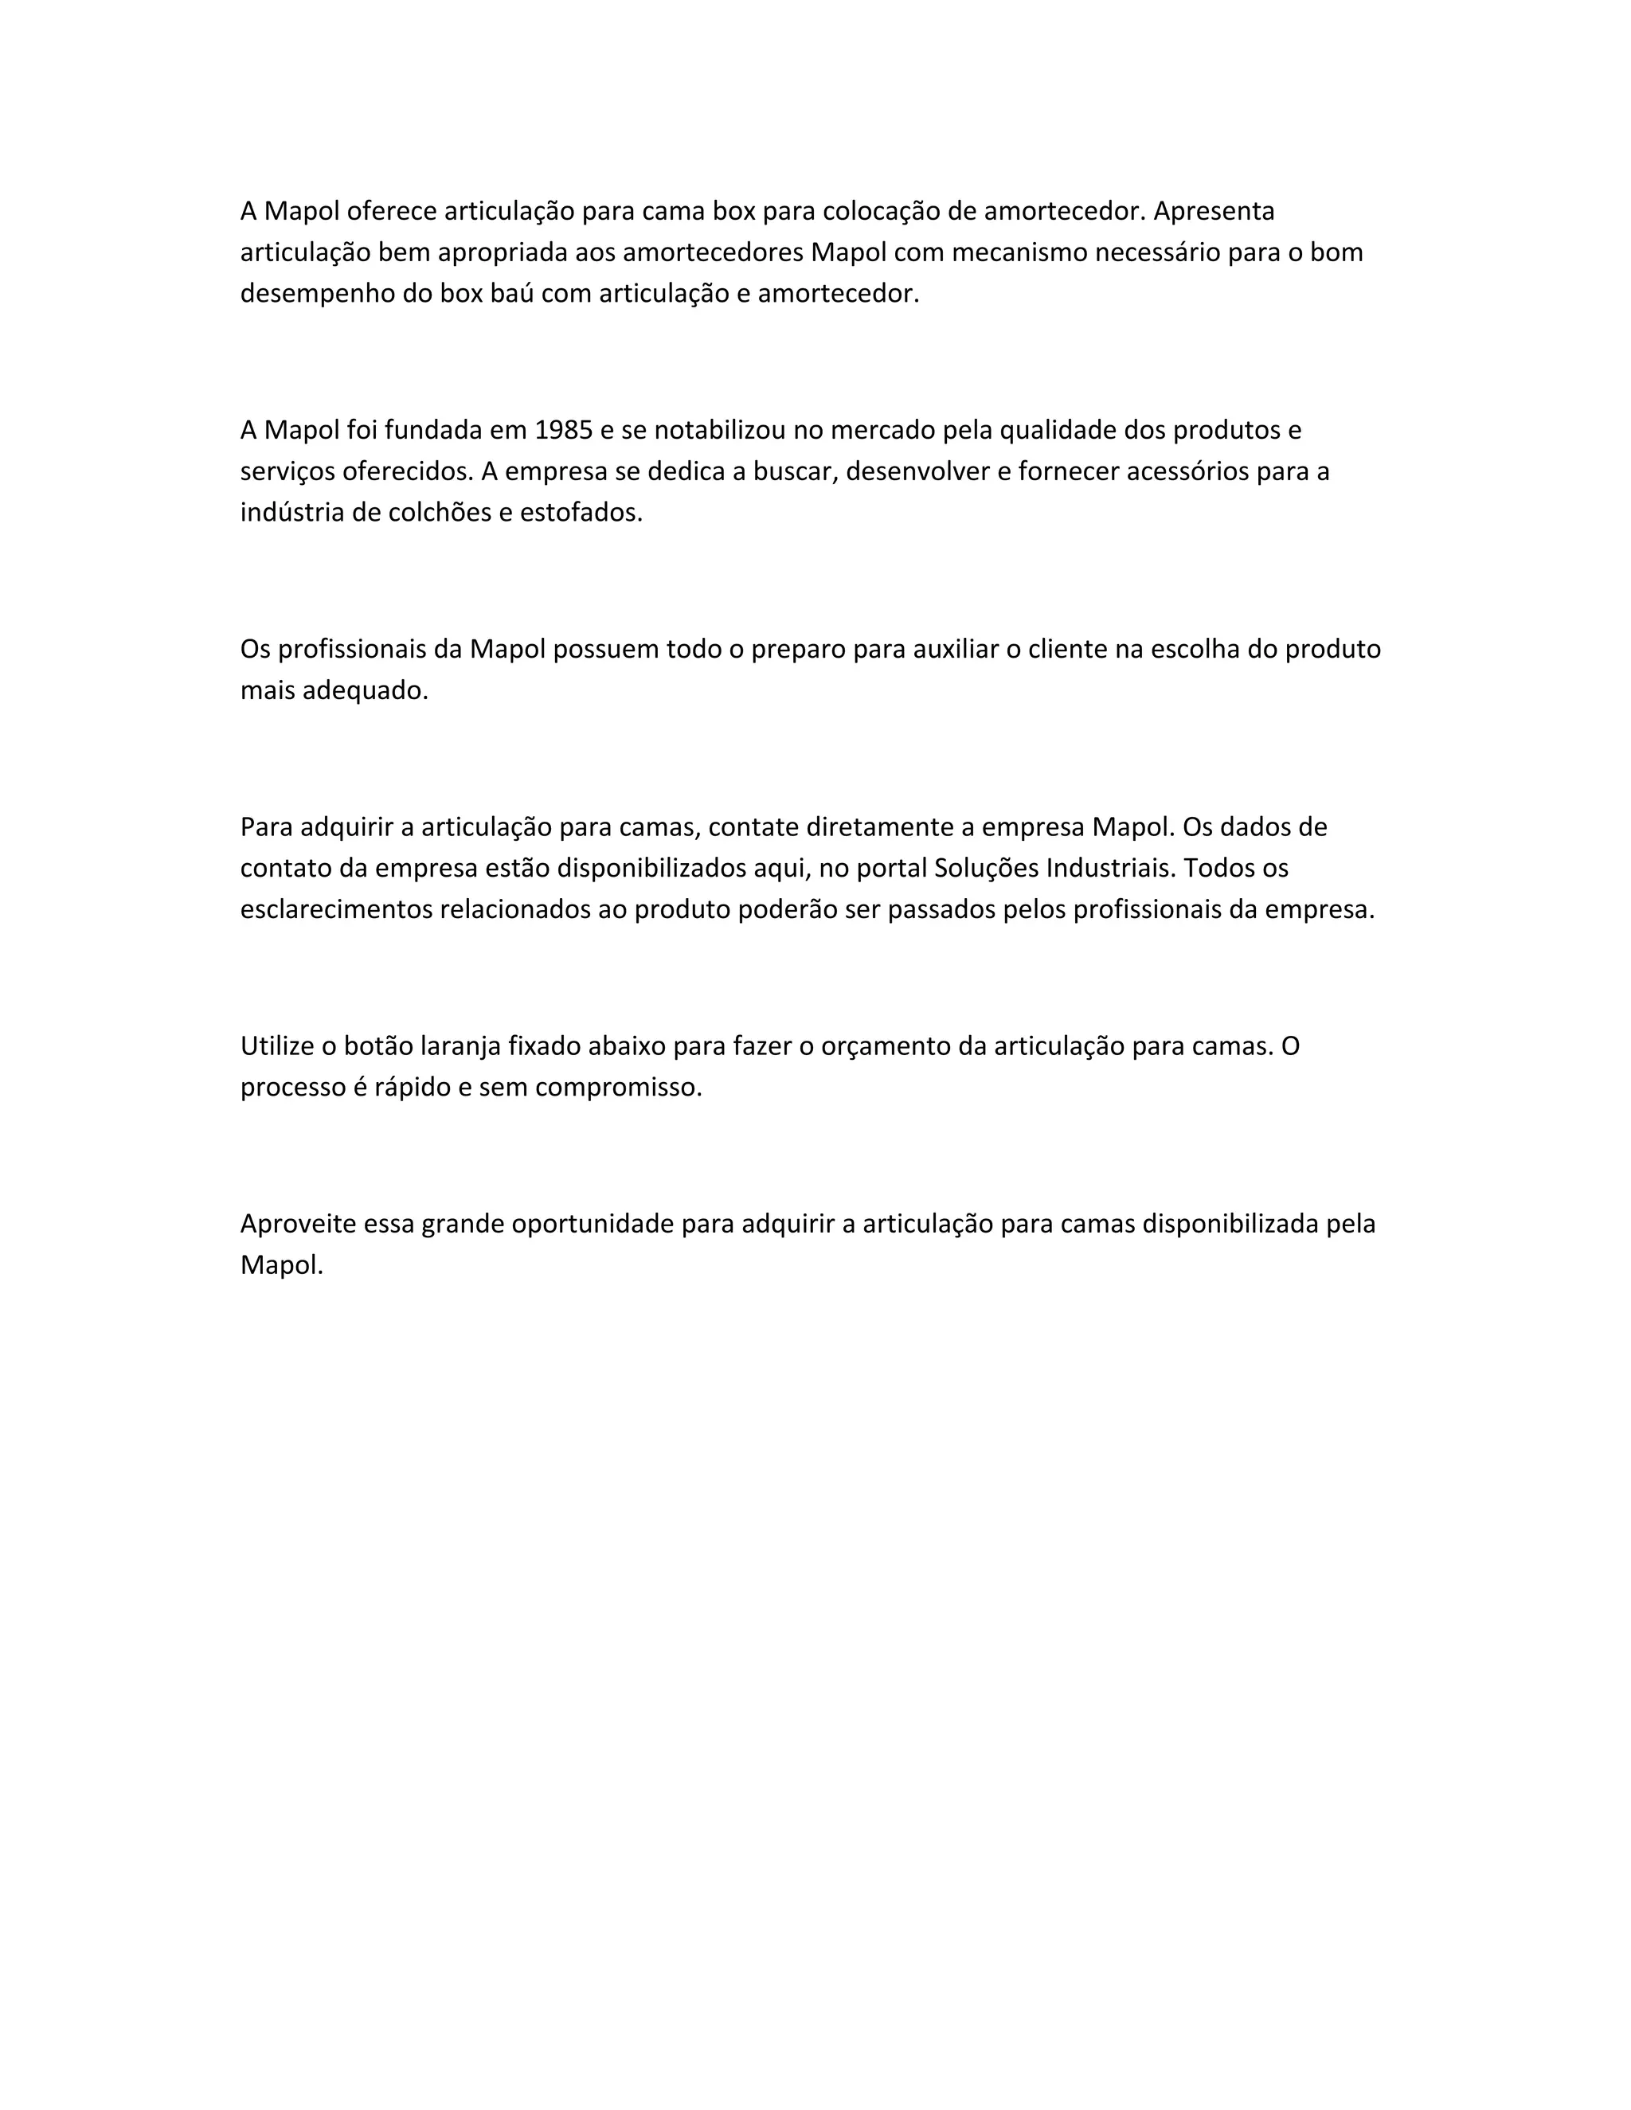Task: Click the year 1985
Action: pos(563,430)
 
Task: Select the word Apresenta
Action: pos(1214,211)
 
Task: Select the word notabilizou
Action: pos(724,430)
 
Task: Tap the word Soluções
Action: pos(987,869)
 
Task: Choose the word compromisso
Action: pos(618,1088)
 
